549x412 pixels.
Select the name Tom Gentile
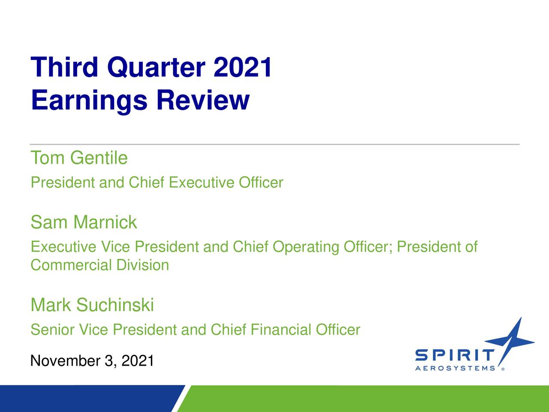79,158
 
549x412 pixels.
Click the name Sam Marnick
84,222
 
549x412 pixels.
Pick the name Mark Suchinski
92,305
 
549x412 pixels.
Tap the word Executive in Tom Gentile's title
202,183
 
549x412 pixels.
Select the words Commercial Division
100,265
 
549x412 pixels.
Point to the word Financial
281,330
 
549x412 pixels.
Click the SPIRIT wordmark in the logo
454,356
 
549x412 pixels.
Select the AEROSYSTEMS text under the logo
455,368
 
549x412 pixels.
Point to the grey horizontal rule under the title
274,145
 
